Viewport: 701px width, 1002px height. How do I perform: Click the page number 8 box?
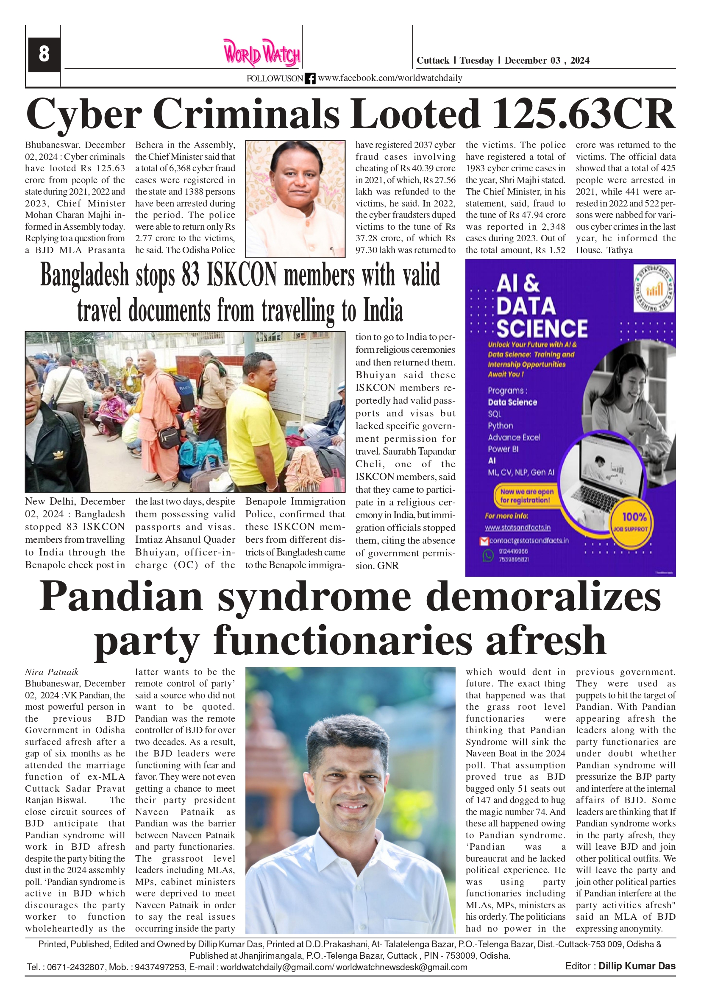pyautogui.click(x=44, y=55)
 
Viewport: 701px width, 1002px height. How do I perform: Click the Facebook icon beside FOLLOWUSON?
pyautogui.click(x=310, y=78)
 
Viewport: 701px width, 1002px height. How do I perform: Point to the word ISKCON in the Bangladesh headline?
pyautogui.click(x=242, y=275)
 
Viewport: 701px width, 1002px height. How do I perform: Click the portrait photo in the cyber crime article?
pyautogui.click(x=295, y=198)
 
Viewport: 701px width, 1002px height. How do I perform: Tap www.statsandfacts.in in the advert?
pyautogui.click(x=517, y=528)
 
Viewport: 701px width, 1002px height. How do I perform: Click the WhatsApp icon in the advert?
pyautogui.click(x=488, y=555)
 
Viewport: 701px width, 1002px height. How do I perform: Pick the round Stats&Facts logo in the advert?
pyautogui.click(x=654, y=289)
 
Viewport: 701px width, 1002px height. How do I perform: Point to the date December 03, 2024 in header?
pyautogui.click(x=547, y=61)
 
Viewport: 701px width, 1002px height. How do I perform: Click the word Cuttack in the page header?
pyautogui.click(x=433, y=61)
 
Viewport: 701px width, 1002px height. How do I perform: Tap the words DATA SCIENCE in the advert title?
pyautogui.click(x=541, y=317)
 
